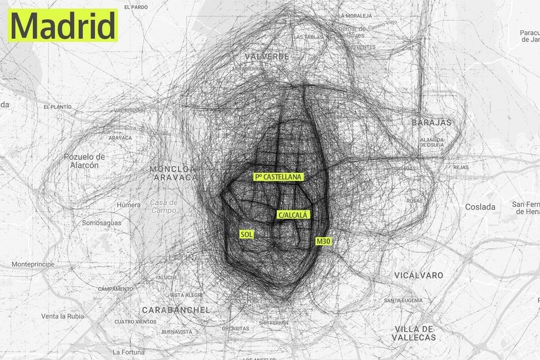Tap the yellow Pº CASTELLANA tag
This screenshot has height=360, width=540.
click(279, 177)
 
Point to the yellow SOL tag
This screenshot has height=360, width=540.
click(247, 234)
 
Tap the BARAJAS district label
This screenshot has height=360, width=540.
click(431, 122)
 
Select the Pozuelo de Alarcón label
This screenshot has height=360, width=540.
click(84, 161)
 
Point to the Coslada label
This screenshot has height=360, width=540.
click(480, 207)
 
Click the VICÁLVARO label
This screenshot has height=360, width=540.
click(418, 275)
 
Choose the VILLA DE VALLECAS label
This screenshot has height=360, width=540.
click(414, 333)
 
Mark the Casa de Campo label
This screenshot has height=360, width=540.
click(164, 206)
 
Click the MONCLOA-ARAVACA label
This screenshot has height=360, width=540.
click(173, 173)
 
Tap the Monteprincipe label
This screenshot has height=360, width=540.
click(33, 264)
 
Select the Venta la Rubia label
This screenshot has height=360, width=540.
click(63, 316)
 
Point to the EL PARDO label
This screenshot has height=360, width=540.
click(136, 7)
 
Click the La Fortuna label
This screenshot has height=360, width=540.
click(129, 352)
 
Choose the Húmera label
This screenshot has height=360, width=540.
click(129, 205)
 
